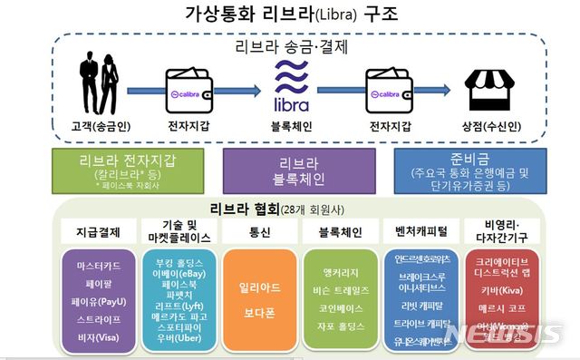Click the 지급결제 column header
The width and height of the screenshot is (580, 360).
(99, 231)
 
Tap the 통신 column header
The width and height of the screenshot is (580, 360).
(258, 231)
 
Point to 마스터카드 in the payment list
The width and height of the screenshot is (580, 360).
(99, 268)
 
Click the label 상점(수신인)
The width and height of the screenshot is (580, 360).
(491, 127)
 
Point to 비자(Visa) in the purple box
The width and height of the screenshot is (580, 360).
(99, 337)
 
